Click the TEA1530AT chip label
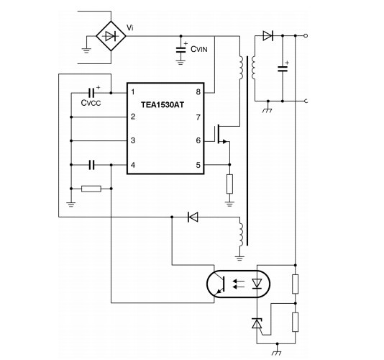pos(163,105)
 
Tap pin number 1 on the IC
pos(133,92)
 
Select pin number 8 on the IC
pos(198,92)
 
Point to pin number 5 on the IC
pos(198,165)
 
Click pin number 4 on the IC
pos(133,165)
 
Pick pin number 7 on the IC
pos(198,117)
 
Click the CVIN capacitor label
pos(199,49)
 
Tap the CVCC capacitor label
pos(91,103)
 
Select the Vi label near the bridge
pos(129,27)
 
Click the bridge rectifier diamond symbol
pos(111,36)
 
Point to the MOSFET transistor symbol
pos(221,134)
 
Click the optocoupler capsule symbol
pos(238,284)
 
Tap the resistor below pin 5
pos(229,184)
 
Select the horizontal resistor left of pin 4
pos(91,189)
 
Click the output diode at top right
pos(268,36)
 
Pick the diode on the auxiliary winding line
pos(193,217)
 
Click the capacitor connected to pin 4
pos(91,165)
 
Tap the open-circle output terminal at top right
pos(306,36)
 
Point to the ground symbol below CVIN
pos(180,62)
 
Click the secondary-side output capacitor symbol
pos(283,68)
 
